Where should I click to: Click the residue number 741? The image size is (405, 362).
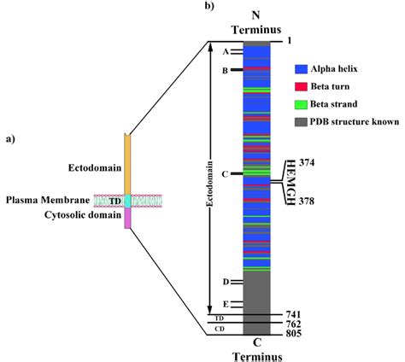pyautogui.click(x=294, y=314)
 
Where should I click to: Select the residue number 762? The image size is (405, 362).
pyautogui.click(x=294, y=324)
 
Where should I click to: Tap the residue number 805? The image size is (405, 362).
pyautogui.click(x=294, y=335)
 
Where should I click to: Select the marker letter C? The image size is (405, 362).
pyautogui.click(x=225, y=174)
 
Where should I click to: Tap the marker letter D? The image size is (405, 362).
pyautogui.click(x=226, y=282)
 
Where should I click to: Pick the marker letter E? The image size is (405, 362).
pyautogui.click(x=226, y=304)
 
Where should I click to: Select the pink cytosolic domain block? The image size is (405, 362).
pyautogui.click(x=127, y=219)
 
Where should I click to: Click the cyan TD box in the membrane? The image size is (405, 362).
pyautogui.click(x=127, y=201)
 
